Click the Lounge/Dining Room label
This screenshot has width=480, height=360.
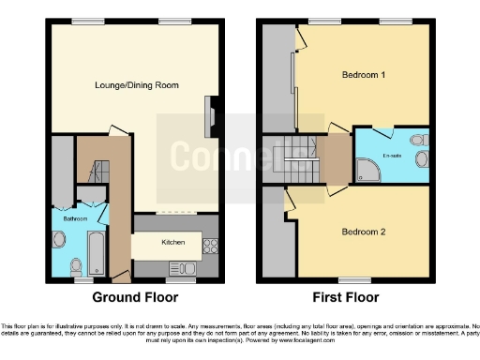coord(137,85)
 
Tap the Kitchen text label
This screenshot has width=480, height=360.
coord(173,242)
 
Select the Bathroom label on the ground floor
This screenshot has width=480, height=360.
coord(75,218)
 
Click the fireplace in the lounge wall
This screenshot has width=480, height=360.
coord(210,117)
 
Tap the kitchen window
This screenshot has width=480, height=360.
coord(180,279)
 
